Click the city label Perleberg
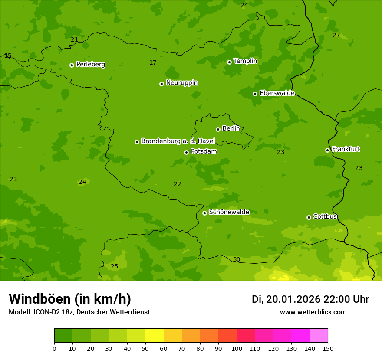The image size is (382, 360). tap(90, 65)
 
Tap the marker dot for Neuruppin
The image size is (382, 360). tap(161, 84)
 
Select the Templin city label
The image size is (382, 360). tap(245, 61)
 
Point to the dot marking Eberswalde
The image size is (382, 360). tap(255, 94)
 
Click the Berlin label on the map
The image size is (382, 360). tap(231, 129)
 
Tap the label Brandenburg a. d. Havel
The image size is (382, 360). tap(178, 141)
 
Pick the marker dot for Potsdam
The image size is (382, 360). tap(186, 152)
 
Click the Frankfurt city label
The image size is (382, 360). tap(346, 149)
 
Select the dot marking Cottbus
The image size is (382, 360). tap(309, 217)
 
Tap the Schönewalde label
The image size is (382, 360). tap(229, 212)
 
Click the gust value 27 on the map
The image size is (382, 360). tap(336, 35)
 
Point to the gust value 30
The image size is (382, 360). tap(236, 260)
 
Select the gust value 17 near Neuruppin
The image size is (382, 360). tap(153, 63)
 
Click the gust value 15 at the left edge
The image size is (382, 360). tap(8, 56)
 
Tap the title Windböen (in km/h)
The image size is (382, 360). tap(70, 299)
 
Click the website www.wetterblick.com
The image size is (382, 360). tap(313, 312)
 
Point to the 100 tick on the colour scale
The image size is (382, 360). tap(237, 348)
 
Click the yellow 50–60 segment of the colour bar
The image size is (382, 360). tap(155, 336)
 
